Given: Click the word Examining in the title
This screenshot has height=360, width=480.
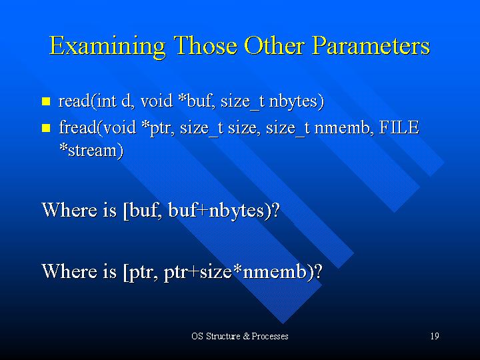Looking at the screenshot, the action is [107, 47].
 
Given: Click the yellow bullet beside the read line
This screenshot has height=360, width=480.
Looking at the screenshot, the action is [46, 101].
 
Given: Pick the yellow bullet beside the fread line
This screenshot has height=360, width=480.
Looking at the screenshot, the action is [46, 127].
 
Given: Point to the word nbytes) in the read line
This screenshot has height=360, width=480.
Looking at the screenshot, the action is [296, 101].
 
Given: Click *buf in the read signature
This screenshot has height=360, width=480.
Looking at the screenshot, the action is [195, 101].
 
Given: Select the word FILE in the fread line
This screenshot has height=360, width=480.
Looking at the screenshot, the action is [399, 127].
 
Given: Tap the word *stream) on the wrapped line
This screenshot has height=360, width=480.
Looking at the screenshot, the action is [91, 150].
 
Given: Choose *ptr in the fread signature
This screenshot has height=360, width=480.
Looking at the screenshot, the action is [159, 128].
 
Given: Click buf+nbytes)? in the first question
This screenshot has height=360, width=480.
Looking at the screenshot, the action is [224, 210].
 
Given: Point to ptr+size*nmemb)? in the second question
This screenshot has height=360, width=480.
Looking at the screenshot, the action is [243, 271].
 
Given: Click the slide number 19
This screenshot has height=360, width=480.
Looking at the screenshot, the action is [435, 336].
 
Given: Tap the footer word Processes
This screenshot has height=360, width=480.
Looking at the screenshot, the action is [270, 336].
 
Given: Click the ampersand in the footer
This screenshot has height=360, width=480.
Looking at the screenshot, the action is [247, 336].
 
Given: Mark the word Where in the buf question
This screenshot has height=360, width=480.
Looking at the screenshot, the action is [69, 210].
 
